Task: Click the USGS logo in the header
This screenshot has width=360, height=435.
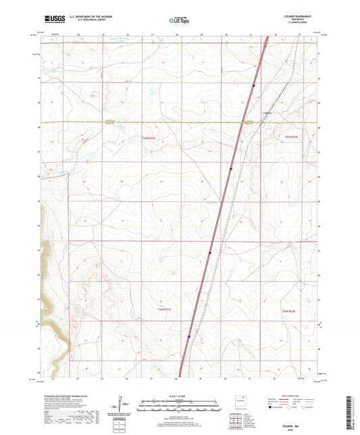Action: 53,20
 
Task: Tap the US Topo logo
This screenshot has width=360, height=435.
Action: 177,21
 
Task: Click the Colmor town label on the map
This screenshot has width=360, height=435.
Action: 267,113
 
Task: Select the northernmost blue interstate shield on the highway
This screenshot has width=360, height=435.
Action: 253,85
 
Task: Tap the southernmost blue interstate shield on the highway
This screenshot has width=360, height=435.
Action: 189,337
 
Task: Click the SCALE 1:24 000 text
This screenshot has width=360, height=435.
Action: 179,396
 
